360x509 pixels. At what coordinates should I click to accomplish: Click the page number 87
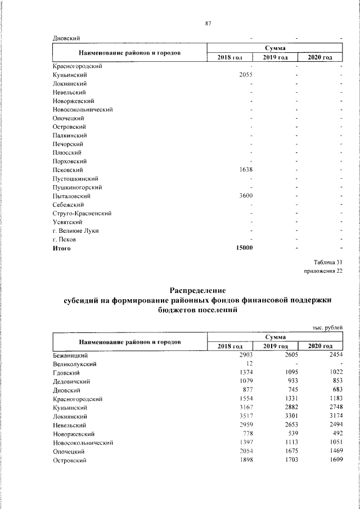208,23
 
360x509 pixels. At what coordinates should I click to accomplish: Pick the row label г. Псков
64,240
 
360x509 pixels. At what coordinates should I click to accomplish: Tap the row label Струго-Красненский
82,214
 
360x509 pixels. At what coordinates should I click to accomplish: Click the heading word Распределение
197,291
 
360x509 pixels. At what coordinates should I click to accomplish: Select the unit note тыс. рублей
327,326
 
